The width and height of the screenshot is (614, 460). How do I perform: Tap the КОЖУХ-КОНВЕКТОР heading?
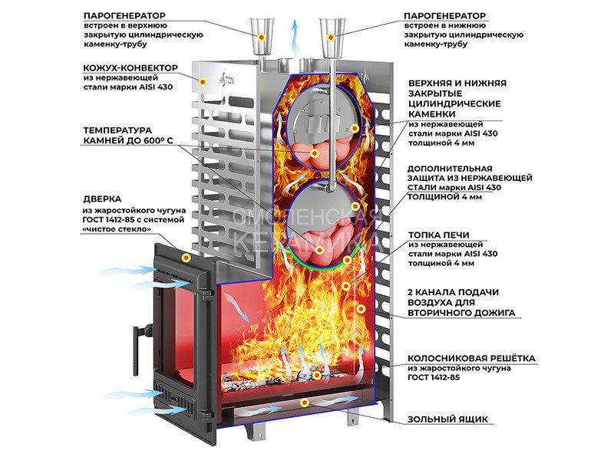[x=130, y=68]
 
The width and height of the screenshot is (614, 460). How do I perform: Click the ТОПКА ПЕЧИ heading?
[x=439, y=235]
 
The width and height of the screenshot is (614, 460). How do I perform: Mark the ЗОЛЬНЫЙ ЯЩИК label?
[x=449, y=419]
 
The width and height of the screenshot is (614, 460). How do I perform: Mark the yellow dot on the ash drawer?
[x=305, y=402]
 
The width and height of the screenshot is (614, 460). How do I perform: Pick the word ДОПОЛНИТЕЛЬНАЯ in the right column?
[x=451, y=168]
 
